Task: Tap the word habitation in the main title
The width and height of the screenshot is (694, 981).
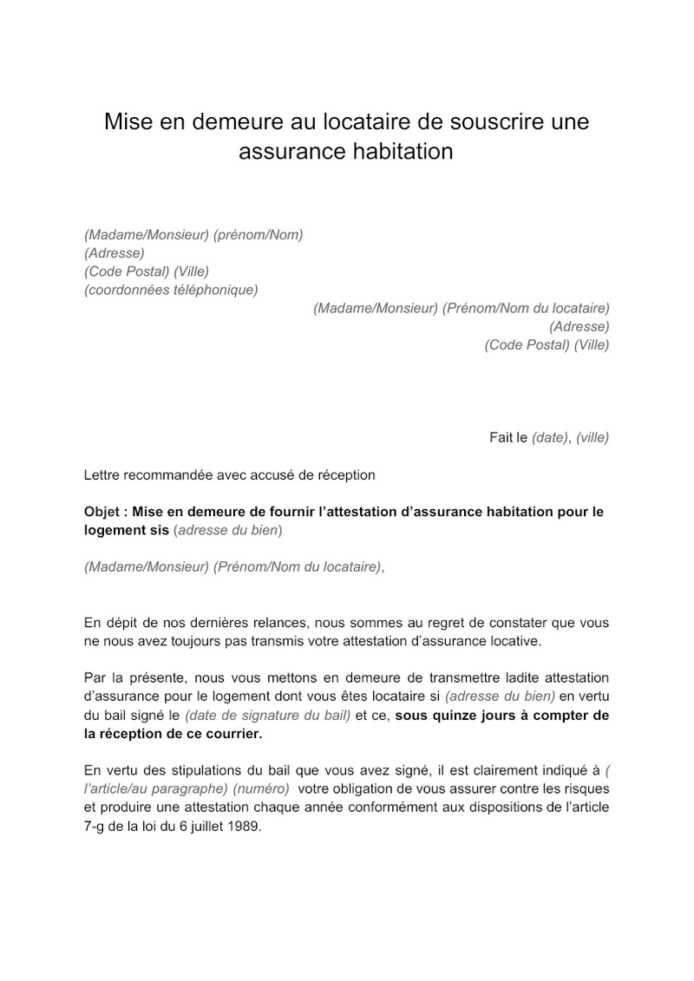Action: coord(402,152)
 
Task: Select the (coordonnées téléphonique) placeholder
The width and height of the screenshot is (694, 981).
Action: coord(171,290)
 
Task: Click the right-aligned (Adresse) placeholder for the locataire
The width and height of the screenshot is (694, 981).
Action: coord(579,326)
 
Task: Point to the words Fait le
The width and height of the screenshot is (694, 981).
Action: coord(508,437)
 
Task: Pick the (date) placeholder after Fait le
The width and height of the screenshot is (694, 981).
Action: coord(549,437)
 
